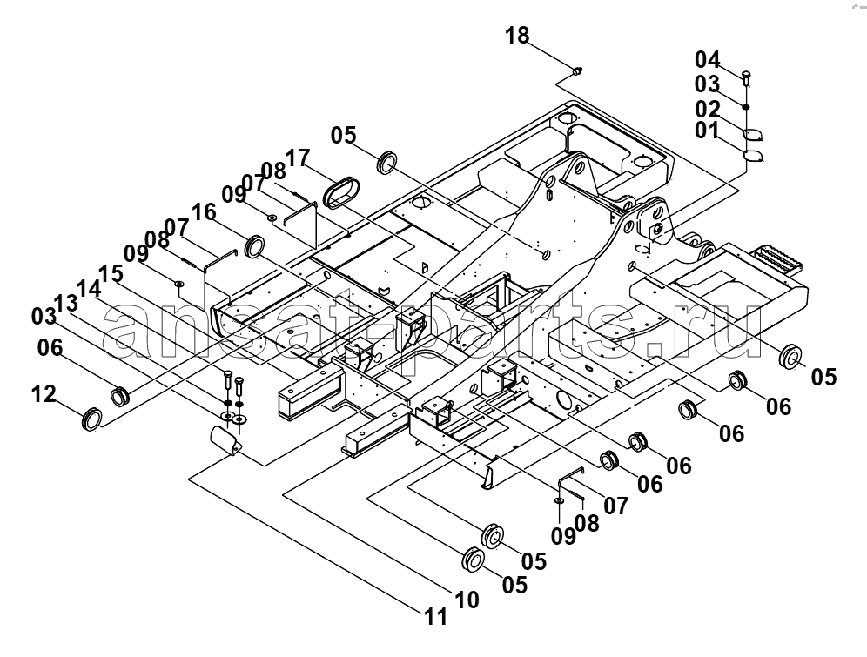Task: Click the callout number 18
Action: [x=517, y=36]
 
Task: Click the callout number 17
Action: [x=298, y=158]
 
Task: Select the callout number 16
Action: [x=204, y=212]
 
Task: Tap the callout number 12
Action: [x=44, y=394]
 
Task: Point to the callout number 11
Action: [x=436, y=617]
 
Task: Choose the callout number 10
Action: [x=467, y=600]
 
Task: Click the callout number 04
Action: [x=708, y=59]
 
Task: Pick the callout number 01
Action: [x=707, y=131]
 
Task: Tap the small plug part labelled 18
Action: [x=578, y=70]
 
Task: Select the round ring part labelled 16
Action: [x=255, y=246]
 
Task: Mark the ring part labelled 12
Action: [x=91, y=419]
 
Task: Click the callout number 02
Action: [x=708, y=108]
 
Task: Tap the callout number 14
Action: [x=90, y=288]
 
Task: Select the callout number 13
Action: [x=67, y=303]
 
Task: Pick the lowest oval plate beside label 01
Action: [x=753, y=155]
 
